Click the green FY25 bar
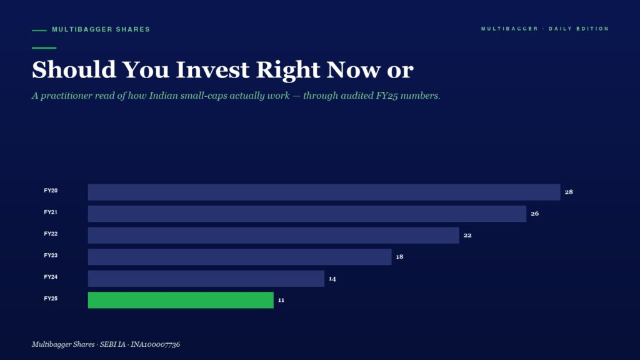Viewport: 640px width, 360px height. click(181, 300)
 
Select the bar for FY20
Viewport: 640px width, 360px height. click(324, 192)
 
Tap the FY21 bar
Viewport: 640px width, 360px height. click(307, 214)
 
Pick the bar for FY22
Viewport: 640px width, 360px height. click(274, 235)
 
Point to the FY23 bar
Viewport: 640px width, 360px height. click(239, 257)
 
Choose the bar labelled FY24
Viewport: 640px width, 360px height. click(206, 278)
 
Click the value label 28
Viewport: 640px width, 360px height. click(569, 192)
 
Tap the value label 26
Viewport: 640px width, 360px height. click(535, 214)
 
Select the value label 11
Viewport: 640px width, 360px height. click(281, 300)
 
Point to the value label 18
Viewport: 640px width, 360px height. click(399, 257)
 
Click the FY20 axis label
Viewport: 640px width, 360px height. click(51, 191)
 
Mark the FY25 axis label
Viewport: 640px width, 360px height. click(51, 299)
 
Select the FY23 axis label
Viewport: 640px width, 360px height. click(51, 256)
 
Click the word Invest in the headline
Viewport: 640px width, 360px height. click(212, 69)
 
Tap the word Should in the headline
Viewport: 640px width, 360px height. click(74, 69)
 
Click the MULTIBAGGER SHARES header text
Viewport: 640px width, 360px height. click(101, 29)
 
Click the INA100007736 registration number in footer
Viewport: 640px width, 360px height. click(155, 344)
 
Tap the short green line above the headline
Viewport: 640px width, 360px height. click(44, 47)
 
